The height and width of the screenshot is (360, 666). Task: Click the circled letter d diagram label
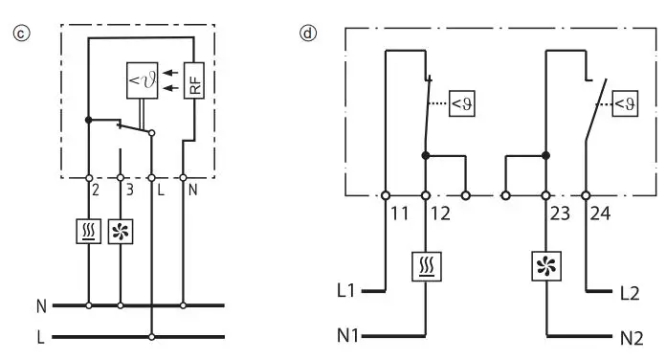[x=308, y=32]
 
